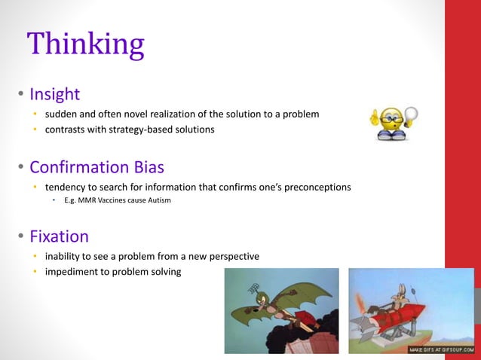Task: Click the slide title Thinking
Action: coord(85,44)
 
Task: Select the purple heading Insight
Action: coord(54,95)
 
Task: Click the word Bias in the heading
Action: coord(147,166)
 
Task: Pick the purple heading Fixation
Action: coord(59,236)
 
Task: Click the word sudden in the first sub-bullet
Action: coord(62,114)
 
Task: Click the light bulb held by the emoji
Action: coord(411,115)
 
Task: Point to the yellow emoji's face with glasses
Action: coord(393,123)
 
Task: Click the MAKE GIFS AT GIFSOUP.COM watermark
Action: coord(440,349)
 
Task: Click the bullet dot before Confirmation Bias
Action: coord(21,167)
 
